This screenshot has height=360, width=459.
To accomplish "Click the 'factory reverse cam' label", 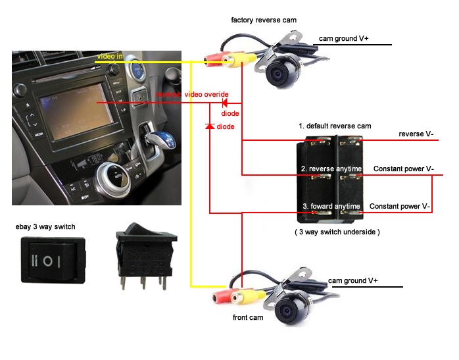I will [x=264, y=20].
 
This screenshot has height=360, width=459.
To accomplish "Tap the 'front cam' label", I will [x=249, y=317].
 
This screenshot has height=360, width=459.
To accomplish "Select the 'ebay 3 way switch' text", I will [x=45, y=227].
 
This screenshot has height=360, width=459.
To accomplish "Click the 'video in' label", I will [x=110, y=57].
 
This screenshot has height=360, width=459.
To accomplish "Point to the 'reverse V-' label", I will [x=416, y=134].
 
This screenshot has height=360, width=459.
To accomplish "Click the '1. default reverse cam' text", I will [x=335, y=126].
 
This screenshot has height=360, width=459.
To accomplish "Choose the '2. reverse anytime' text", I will [x=331, y=169].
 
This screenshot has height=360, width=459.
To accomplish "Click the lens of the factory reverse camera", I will [x=279, y=74].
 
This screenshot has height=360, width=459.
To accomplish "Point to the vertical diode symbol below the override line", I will [x=210, y=125].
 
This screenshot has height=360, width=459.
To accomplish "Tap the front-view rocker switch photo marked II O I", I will [x=46, y=260].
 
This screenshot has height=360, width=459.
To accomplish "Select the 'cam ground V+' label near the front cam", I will [x=352, y=280].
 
